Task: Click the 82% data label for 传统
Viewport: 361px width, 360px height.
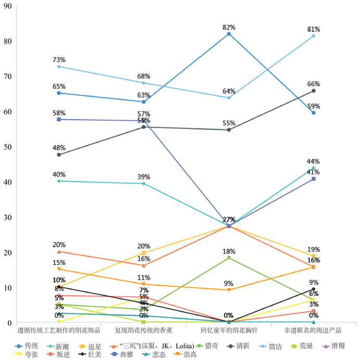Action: (x=229, y=27)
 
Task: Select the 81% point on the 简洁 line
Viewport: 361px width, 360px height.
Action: (x=314, y=36)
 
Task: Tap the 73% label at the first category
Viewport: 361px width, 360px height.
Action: (x=59, y=60)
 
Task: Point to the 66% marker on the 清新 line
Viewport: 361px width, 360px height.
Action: (x=314, y=91)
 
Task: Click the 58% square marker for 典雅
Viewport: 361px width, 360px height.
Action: (x=59, y=120)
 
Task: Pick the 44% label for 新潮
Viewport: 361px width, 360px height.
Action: (x=314, y=161)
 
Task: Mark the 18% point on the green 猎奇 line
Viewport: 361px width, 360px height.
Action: (x=229, y=258)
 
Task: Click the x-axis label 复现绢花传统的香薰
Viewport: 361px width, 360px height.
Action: (x=144, y=330)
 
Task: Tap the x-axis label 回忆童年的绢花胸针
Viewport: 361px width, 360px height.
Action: (x=229, y=330)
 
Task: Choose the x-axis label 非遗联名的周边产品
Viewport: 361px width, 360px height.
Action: (x=314, y=330)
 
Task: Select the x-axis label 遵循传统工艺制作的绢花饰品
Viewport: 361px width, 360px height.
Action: (x=59, y=330)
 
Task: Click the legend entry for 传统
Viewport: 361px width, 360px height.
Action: (x=30, y=345)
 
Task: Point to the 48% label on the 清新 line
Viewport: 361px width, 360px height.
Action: (x=59, y=147)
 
